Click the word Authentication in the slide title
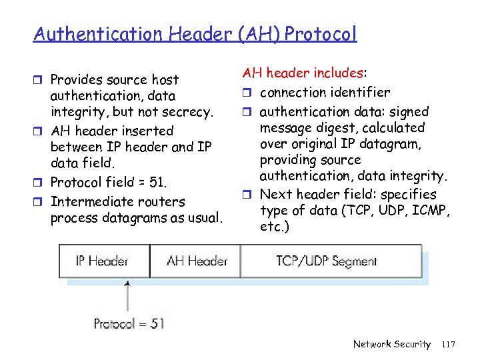pyautogui.click(x=88, y=33)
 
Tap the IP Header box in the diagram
pyautogui.click(x=101, y=260)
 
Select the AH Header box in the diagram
pyautogui.click(x=197, y=261)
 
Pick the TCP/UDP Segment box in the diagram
pyautogui.click(x=327, y=261)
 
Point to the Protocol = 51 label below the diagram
pyautogui.click(x=129, y=324)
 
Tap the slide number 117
pyautogui.click(x=448, y=344)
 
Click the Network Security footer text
pyautogui.click(x=391, y=344)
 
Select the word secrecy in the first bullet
pyautogui.click(x=189, y=112)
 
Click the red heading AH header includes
pyautogui.click(x=306, y=73)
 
